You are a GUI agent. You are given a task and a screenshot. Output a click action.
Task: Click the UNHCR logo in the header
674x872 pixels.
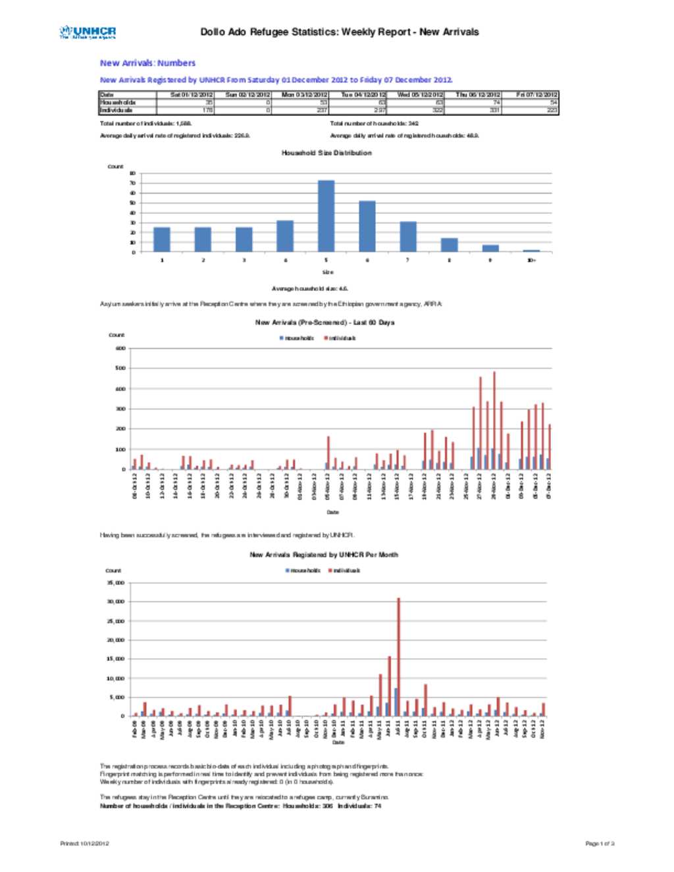88,32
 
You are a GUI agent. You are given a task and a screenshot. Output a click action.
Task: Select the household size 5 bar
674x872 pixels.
326,216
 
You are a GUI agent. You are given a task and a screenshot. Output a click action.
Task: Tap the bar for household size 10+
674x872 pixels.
532,251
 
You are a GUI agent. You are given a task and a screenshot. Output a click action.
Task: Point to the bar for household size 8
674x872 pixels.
450,245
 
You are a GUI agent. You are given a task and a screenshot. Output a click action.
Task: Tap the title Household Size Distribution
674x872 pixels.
326,153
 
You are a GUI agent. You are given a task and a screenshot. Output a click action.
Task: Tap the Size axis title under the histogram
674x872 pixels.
327,272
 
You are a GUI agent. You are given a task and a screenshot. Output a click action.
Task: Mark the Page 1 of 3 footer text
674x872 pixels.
600,843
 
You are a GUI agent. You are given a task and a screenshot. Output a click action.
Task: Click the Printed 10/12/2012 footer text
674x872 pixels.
85,843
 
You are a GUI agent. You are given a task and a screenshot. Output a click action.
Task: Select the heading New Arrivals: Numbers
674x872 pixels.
147,63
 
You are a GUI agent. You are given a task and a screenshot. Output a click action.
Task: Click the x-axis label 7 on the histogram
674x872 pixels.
408,261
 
